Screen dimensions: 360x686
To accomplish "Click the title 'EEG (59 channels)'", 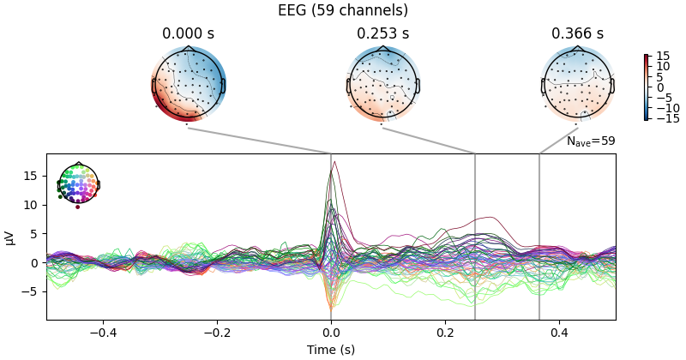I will tap(343, 10).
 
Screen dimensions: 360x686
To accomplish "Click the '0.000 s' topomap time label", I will tap(188, 33).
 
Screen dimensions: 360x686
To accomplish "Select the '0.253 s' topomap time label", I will tap(382, 33).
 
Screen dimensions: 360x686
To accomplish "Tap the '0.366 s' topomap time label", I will tap(577, 33).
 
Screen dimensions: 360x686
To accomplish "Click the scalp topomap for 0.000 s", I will tap(188, 85).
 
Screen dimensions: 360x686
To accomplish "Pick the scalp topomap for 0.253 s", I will tap(382, 85).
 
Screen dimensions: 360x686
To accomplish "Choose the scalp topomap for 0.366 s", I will tap(577, 85).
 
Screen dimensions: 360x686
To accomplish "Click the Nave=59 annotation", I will tap(590, 141).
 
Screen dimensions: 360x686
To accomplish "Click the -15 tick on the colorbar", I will tap(665, 118).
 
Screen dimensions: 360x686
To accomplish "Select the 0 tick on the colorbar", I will tap(659, 87).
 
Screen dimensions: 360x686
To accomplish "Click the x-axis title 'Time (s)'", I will tap(331, 350).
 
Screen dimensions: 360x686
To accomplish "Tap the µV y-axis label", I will tap(10, 237).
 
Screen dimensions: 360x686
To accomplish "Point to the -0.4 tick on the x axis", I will tap(103, 333).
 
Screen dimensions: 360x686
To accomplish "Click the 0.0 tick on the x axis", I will tap(331, 333).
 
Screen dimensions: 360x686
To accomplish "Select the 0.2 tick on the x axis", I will tap(445, 333).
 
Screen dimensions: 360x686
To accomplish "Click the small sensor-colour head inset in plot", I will tap(78, 183).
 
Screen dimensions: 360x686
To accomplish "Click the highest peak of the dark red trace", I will tap(334, 161).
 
